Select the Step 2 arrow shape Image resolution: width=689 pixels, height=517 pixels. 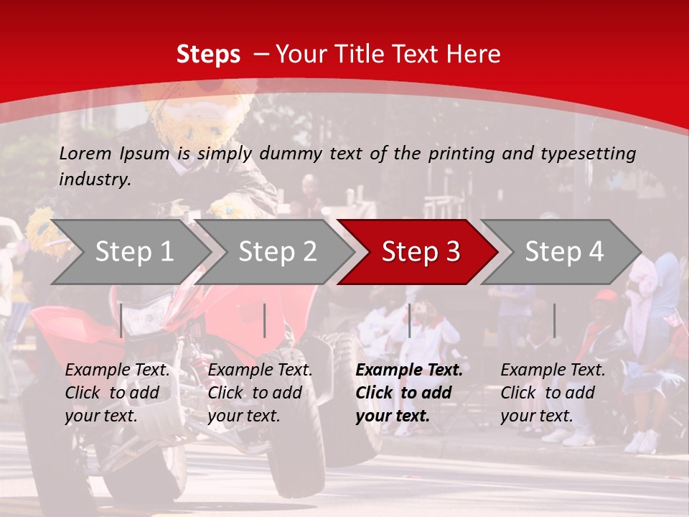(x=277, y=252)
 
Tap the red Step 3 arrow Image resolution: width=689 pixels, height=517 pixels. (x=421, y=252)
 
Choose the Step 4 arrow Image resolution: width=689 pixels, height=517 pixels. (x=564, y=252)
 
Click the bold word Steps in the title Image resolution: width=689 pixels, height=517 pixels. (x=208, y=55)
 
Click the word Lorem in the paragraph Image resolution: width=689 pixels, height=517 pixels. (x=85, y=153)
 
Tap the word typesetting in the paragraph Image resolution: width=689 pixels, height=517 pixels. (x=588, y=153)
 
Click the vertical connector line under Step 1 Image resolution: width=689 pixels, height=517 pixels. (x=121, y=320)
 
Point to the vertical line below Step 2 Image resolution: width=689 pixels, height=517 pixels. (x=265, y=320)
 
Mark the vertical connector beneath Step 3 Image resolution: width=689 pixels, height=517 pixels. (x=409, y=320)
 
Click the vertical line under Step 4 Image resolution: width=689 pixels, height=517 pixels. (x=554, y=320)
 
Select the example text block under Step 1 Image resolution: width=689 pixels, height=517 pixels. (x=117, y=393)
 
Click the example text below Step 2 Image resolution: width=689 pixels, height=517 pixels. (x=260, y=393)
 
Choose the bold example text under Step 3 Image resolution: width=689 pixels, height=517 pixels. (x=409, y=393)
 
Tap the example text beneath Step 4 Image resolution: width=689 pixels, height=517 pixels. (x=553, y=393)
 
